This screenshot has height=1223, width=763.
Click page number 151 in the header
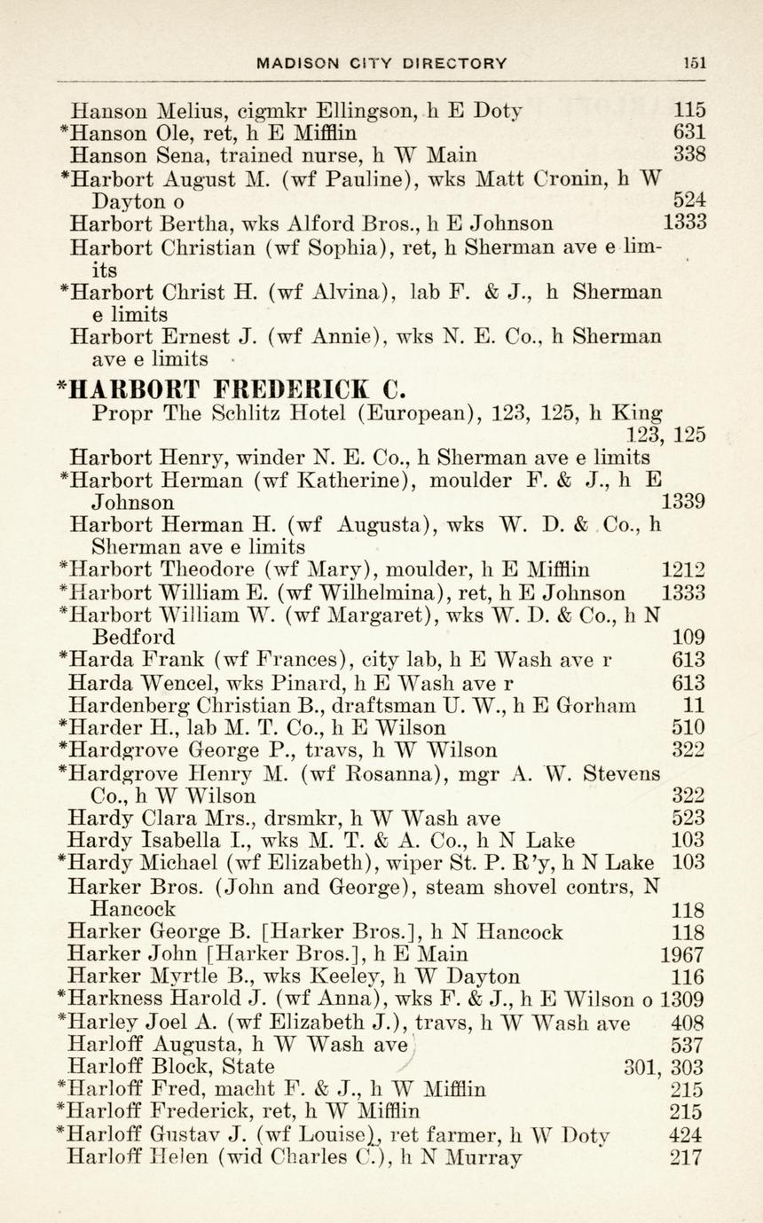[x=695, y=63]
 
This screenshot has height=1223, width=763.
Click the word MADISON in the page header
[x=297, y=63]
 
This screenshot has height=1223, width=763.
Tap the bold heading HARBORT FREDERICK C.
[x=236, y=389]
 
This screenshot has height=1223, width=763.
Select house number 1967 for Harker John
[x=683, y=955]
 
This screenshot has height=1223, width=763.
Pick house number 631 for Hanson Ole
[x=689, y=133]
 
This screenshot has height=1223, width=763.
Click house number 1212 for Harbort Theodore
[x=683, y=570]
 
